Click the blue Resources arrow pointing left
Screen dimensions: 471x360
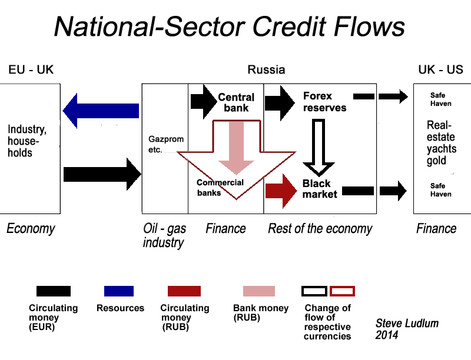click(101, 111)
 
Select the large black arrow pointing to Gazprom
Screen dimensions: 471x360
click(102, 174)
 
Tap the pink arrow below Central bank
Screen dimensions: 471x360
click(237, 148)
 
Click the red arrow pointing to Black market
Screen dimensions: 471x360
click(281, 191)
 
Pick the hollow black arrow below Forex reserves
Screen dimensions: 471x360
click(319, 148)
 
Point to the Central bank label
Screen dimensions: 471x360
click(236, 102)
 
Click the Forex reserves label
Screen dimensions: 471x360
click(325, 102)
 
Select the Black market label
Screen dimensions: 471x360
click(320, 189)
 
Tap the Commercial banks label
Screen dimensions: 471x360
click(220, 188)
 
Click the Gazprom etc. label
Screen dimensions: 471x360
click(166, 144)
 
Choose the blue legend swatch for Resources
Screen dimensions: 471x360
click(119, 291)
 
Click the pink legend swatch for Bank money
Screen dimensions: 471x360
click(259, 291)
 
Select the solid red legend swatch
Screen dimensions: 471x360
click(184, 291)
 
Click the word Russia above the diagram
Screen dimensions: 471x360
click(266, 69)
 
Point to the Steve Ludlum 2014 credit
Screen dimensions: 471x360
click(407, 329)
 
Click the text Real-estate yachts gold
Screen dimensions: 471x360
click(441, 143)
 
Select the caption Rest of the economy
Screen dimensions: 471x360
click(320, 229)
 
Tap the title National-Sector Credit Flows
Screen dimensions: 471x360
click(230, 26)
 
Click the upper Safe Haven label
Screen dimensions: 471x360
click(440, 99)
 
